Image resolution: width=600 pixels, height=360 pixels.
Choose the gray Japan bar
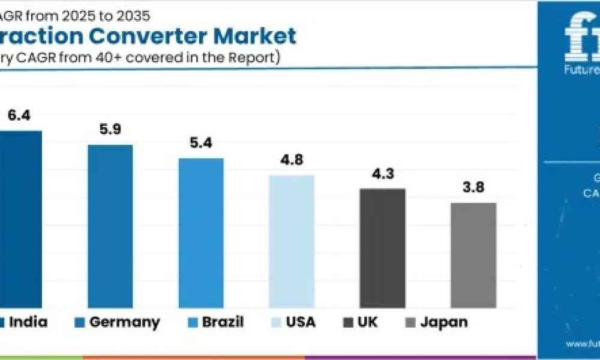click(x=473, y=255)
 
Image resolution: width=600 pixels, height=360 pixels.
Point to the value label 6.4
click(x=19, y=115)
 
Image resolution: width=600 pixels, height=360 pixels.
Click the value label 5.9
click(x=110, y=129)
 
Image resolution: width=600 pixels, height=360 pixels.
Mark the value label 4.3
click(x=382, y=173)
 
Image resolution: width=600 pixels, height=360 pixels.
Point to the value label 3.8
click(x=473, y=187)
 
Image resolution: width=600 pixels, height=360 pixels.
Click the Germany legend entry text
click(x=125, y=322)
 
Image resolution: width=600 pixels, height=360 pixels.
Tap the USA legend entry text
click(x=301, y=322)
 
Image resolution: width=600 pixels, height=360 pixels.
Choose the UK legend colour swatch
click(x=347, y=322)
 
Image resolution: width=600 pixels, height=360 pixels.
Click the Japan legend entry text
click(x=443, y=322)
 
